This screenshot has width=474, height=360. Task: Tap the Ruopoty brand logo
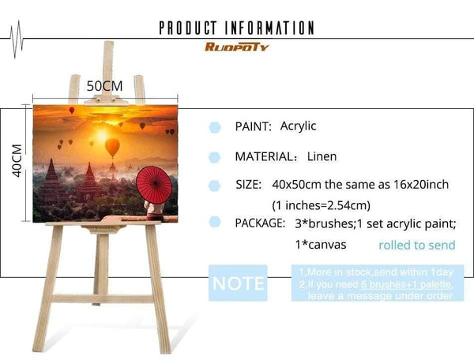(237, 47)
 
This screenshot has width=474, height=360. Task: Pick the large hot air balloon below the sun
(112, 147)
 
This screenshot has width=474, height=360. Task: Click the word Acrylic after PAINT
(298, 126)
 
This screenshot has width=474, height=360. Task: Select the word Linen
(322, 156)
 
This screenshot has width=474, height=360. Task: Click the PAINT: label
(254, 126)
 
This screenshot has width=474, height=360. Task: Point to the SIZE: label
(248, 185)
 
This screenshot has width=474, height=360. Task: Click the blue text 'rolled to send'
(416, 246)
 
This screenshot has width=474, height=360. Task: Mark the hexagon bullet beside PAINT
(214, 127)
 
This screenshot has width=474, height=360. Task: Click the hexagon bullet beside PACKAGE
(214, 224)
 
